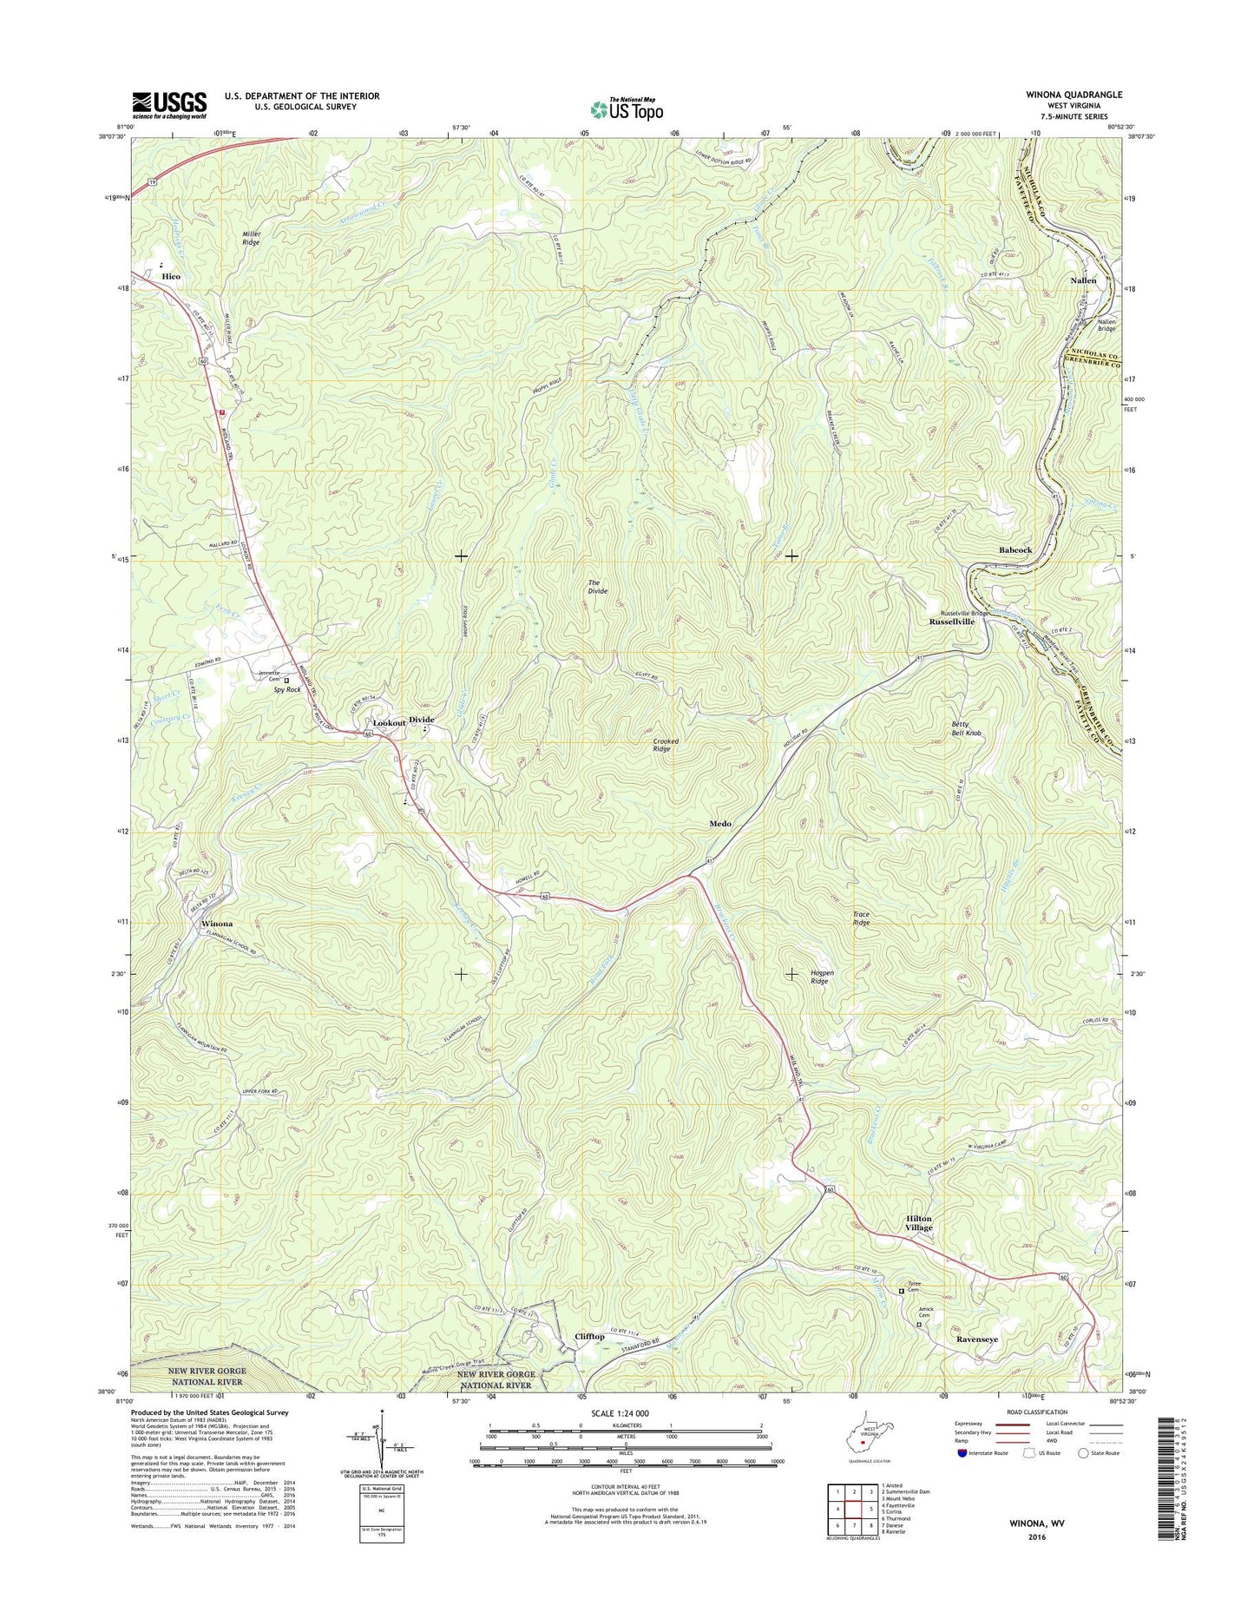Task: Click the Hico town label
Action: (171, 276)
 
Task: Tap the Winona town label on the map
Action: (217, 924)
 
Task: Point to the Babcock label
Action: (1015, 550)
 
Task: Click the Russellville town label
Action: (952, 622)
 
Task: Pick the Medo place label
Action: (720, 823)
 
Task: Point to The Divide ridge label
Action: (598, 586)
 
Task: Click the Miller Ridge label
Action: (251, 238)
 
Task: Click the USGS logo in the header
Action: (169, 105)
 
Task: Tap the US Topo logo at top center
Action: (627, 109)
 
